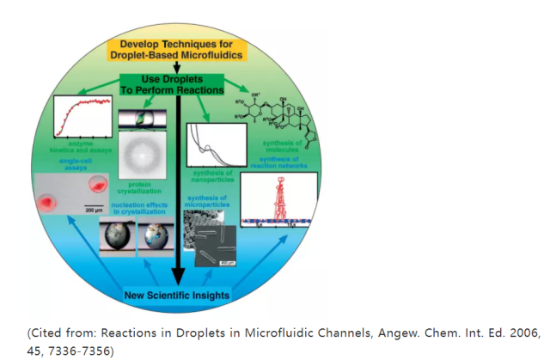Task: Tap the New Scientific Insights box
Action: coord(175,296)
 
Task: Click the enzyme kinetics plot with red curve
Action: coord(83,117)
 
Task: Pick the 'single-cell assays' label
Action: coord(79,165)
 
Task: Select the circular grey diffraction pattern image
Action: coord(139,158)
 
